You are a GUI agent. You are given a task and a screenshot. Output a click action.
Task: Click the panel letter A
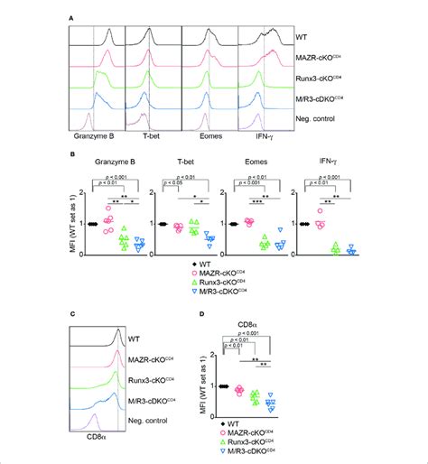(x=70, y=15)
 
